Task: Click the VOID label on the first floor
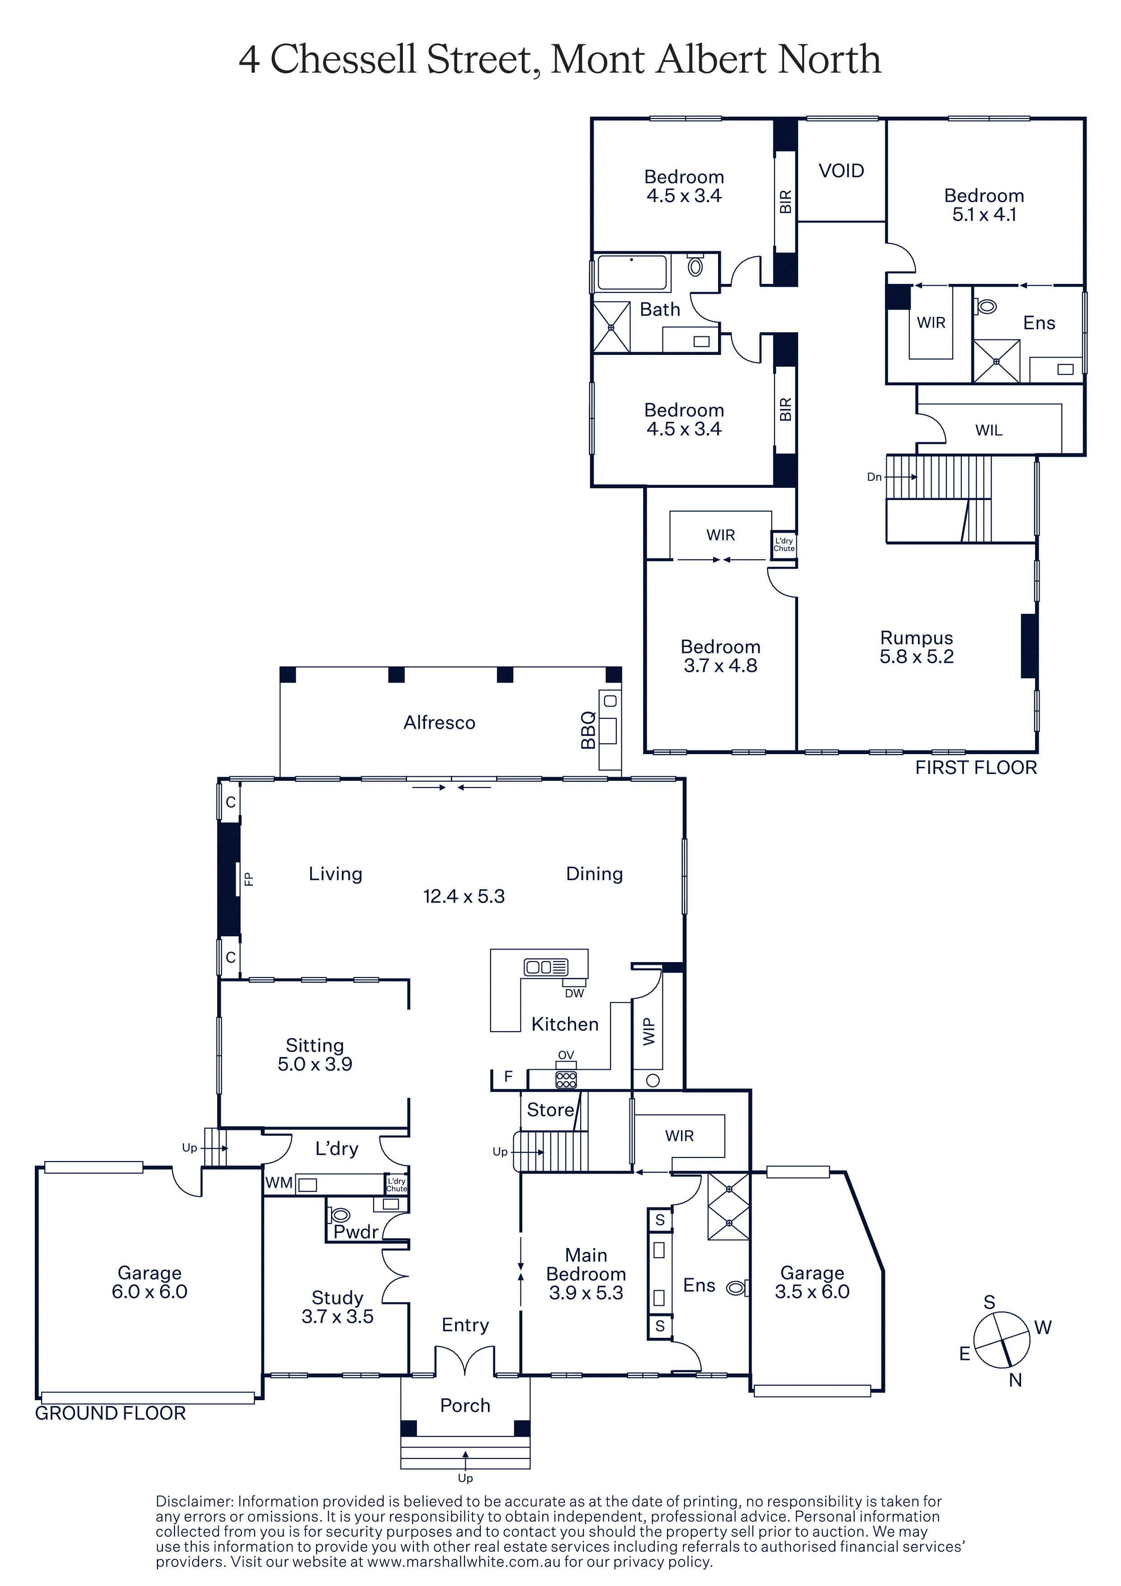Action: (841, 170)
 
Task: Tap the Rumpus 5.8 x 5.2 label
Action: (917, 647)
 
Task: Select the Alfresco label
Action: (439, 722)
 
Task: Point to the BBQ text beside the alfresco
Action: (588, 730)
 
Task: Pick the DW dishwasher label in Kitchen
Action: (574, 993)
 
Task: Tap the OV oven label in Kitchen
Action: (566, 1055)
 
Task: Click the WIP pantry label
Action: (648, 1031)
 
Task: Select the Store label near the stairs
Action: (550, 1110)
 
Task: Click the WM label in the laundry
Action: (279, 1183)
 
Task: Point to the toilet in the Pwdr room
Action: (341, 1215)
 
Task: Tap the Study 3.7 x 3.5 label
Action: (337, 1307)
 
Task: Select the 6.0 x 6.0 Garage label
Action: (149, 1282)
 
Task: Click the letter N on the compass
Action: (1015, 1380)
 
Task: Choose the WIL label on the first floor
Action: (989, 430)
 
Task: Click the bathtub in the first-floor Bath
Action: (632, 272)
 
